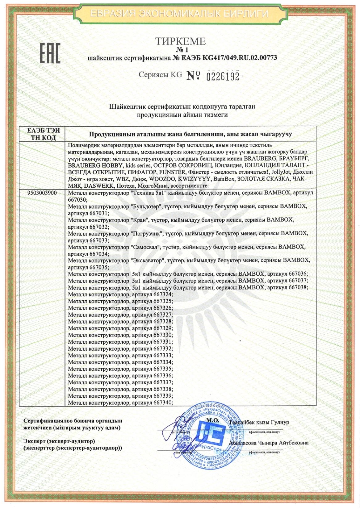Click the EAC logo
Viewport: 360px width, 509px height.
[x=49, y=53]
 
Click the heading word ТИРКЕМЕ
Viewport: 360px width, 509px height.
[x=180, y=41]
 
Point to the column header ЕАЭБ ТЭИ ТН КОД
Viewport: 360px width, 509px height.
[x=44, y=134]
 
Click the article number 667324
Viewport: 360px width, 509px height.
[x=163, y=294]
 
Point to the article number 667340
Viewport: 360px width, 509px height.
[x=163, y=403]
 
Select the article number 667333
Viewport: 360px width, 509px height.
[x=163, y=355]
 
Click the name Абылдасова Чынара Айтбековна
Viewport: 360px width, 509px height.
[x=269, y=443]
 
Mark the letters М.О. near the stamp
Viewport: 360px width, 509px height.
[x=212, y=420]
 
